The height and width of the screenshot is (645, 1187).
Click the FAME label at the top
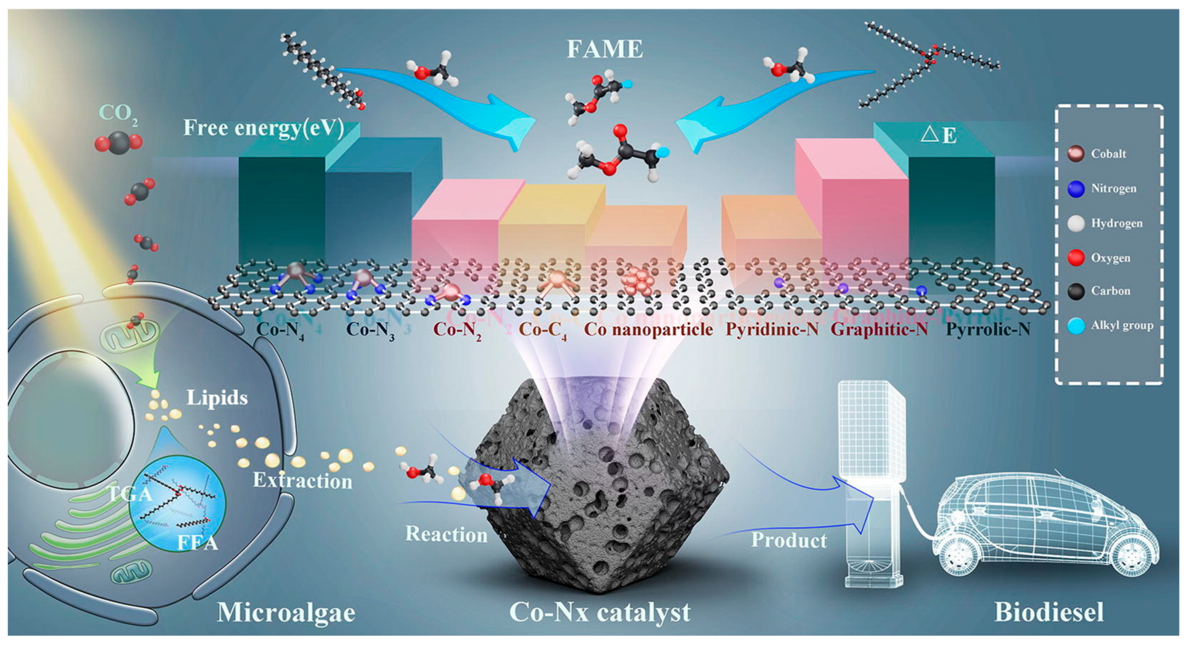pyautogui.click(x=604, y=49)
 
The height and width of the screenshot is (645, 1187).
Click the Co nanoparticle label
pyautogui.click(x=648, y=329)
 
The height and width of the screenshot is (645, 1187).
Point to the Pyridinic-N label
pyautogui.click(x=772, y=329)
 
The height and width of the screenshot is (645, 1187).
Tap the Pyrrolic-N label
pyautogui.click(x=988, y=329)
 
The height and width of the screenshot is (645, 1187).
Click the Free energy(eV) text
pyautogui.click(x=264, y=128)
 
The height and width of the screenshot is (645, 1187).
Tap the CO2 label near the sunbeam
pyautogui.click(x=118, y=113)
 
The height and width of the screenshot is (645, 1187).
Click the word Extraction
pyautogui.click(x=303, y=481)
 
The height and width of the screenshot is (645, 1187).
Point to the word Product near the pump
pyautogui.click(x=789, y=540)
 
